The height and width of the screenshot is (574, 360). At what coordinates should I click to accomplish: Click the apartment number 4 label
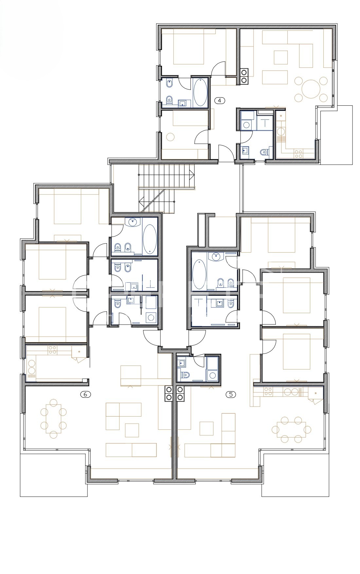[220, 100]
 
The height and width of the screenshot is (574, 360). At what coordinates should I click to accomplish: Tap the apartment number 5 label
[231, 394]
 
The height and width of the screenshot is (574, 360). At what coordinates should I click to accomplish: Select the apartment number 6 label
[85, 394]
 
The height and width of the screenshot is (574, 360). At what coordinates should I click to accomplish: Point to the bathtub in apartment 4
[200, 92]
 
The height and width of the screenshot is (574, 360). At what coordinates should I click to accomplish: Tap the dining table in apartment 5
[291, 429]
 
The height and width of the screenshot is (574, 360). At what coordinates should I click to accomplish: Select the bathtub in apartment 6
[150, 239]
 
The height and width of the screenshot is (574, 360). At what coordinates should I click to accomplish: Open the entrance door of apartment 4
[226, 153]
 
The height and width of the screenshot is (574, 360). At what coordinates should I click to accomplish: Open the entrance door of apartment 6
[152, 338]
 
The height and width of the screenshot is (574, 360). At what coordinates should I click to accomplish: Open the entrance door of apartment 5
[197, 338]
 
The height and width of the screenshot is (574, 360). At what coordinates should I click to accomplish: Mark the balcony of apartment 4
[336, 135]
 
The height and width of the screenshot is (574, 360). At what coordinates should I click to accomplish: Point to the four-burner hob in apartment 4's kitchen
[298, 153]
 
